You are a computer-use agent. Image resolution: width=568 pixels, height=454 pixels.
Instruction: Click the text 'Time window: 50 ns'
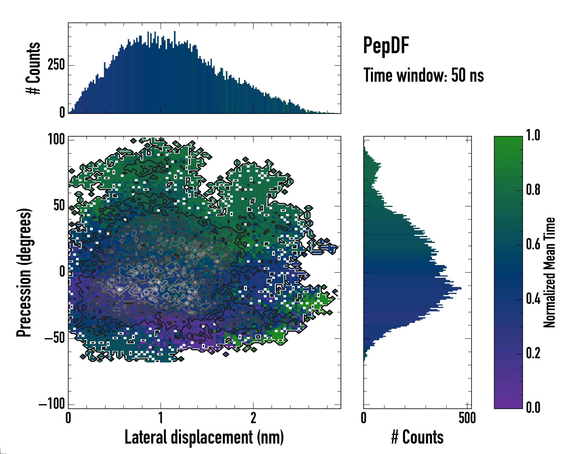click(x=424, y=75)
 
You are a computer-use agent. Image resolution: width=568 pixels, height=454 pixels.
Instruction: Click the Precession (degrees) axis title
click(x=24, y=272)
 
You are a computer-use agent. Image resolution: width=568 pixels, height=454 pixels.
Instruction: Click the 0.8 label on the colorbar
click(x=533, y=190)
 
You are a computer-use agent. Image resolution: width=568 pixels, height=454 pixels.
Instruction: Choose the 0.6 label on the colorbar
click(x=533, y=244)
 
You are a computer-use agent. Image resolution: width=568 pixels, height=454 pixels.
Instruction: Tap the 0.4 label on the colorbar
click(x=533, y=299)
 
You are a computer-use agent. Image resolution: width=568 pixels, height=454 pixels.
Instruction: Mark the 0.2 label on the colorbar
click(x=533, y=353)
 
